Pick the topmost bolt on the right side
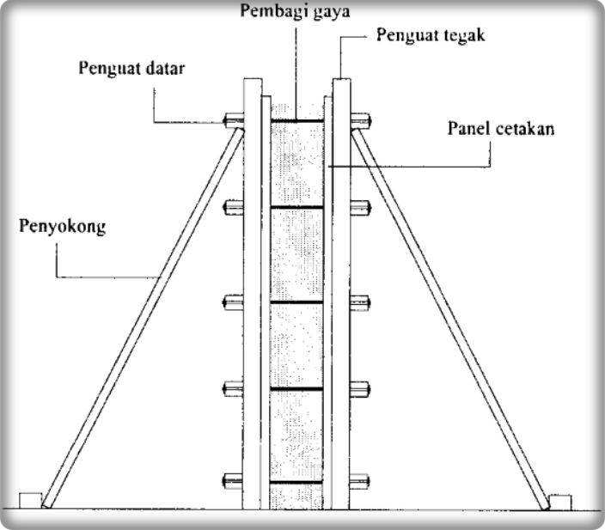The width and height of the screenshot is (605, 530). [360, 120]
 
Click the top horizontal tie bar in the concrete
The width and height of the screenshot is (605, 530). [296, 121]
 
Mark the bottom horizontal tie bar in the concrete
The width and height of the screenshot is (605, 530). [296, 483]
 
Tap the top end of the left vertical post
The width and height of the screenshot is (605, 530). [253, 84]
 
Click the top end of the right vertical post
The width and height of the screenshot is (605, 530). [341, 84]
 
